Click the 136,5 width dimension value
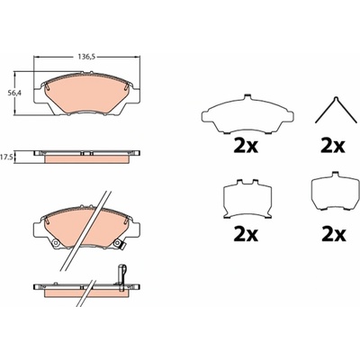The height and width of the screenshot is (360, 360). [x=86, y=57]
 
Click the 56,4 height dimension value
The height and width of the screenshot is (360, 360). [x=13, y=93]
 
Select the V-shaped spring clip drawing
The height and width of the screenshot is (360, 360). [x=337, y=110]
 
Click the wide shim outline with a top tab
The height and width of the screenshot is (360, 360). [x=247, y=113]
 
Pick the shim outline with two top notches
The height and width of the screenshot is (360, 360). [x=247, y=199]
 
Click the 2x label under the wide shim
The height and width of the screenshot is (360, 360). [x=246, y=147]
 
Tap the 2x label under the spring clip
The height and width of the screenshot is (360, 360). [x=333, y=147]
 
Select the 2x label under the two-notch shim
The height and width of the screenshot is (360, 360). [x=246, y=235]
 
